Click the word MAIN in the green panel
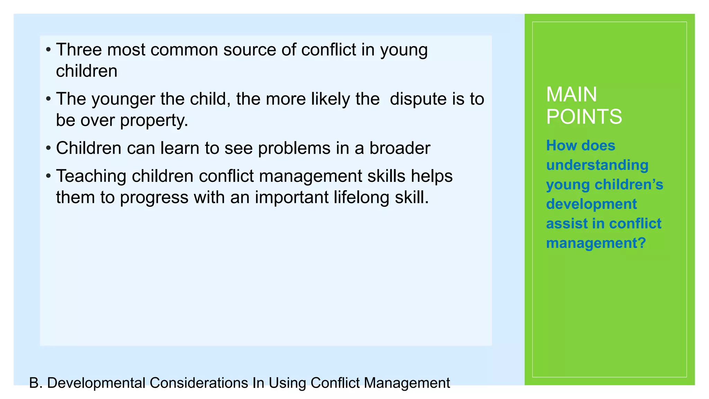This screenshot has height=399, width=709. (571, 94)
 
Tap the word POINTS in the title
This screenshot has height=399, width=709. (584, 116)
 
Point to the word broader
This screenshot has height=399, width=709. (400, 148)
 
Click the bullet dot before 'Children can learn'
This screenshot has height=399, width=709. (48, 148)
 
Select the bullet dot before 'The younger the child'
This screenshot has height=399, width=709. (48, 99)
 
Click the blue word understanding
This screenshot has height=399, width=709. (597, 165)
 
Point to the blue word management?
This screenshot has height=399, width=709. (596, 243)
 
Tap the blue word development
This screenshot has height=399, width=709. (591, 204)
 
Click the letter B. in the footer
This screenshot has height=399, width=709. (35, 383)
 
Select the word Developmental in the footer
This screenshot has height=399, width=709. (96, 383)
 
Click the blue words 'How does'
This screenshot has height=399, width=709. (581, 145)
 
